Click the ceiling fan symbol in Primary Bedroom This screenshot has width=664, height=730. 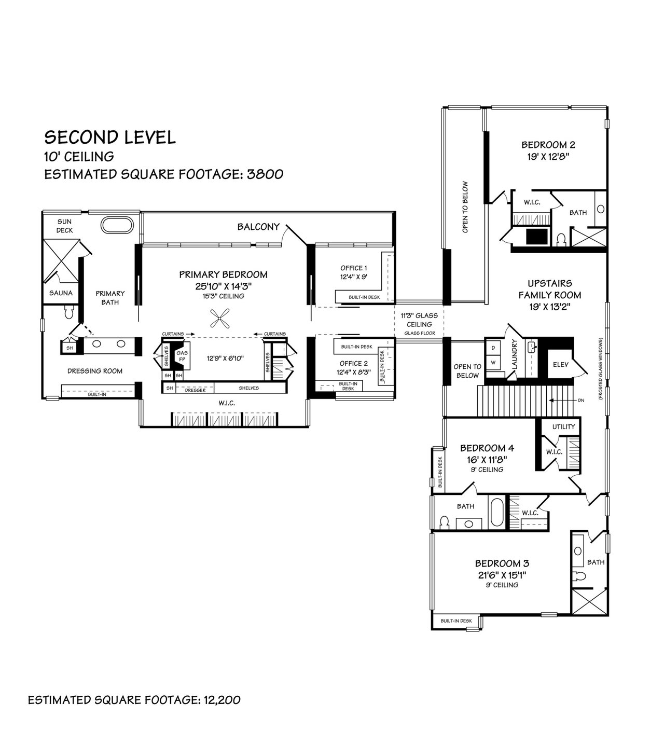[219, 319]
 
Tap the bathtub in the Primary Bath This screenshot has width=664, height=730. [117, 225]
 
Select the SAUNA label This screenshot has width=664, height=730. [61, 293]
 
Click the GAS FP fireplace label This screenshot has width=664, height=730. [182, 355]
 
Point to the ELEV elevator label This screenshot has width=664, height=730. [560, 364]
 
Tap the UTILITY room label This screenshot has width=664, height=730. [563, 426]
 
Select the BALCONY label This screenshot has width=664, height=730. [258, 227]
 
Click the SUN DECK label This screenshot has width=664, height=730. [64, 226]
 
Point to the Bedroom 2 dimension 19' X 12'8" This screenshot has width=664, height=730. [548, 157]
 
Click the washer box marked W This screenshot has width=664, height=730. [493, 363]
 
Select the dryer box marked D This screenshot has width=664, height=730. [493, 348]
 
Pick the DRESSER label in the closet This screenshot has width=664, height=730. [195, 390]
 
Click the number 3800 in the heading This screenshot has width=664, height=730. [265, 174]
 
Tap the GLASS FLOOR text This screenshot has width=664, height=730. [420, 333]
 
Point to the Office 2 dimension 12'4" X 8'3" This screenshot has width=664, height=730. [354, 373]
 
